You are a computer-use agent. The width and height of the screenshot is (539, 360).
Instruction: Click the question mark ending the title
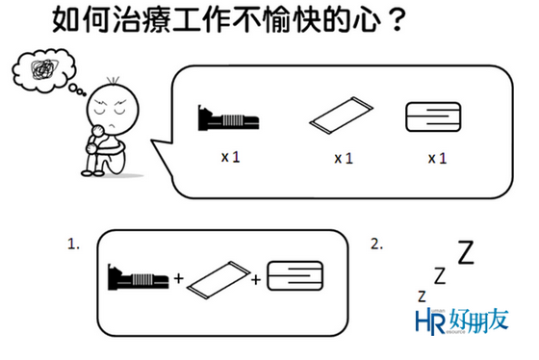[397, 20]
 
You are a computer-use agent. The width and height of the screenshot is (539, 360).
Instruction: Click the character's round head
[113, 110]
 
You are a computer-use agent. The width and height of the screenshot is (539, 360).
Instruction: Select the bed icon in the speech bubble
[228, 118]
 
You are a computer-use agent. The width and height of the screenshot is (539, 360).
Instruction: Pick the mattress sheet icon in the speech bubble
[341, 116]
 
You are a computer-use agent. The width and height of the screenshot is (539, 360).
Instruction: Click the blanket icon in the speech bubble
[433, 116]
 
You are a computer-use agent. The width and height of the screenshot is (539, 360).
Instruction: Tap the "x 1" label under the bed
[230, 157]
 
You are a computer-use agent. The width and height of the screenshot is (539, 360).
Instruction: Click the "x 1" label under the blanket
[437, 158]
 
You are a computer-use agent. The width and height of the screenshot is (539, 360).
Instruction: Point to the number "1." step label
[73, 244]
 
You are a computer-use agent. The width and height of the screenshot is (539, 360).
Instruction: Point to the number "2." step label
[376, 244]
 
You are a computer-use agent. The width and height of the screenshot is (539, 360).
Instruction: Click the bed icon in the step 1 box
[139, 277]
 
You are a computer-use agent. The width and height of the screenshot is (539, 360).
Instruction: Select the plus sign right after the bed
[178, 278]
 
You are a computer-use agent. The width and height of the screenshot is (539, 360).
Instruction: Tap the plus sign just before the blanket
[256, 280]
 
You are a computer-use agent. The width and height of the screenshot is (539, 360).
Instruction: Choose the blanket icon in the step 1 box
[295, 275]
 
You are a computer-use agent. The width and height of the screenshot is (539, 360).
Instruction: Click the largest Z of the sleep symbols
[466, 252]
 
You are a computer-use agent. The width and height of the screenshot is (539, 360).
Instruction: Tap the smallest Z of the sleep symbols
[422, 296]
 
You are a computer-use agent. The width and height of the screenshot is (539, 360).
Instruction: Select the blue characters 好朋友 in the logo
[479, 321]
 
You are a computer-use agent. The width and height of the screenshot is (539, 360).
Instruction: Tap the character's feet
[92, 173]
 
